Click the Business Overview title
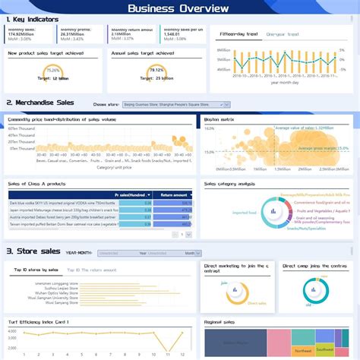click(178, 8)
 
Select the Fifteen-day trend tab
click(238, 34)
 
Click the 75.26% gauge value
click(52, 70)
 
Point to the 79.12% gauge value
click(156, 70)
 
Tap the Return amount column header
click(175, 195)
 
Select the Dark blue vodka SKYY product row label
click(53, 203)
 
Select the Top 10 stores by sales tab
click(36, 270)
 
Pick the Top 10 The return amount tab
click(92, 270)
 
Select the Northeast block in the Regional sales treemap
click(302, 350)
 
